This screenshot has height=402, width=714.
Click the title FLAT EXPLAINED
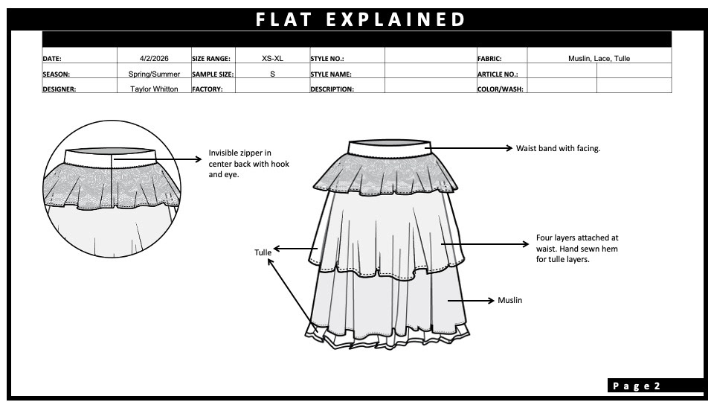(361, 19)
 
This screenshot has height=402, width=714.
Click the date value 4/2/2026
(154, 58)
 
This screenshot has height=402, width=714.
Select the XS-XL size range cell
(272, 58)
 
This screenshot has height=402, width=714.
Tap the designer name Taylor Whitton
(154, 89)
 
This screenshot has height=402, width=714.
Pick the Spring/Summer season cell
(154, 74)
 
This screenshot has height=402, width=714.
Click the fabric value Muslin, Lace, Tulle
(599, 58)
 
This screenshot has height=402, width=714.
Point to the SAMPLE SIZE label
(212, 74)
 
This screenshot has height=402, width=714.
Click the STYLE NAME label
(330, 74)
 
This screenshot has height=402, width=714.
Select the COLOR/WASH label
(500, 89)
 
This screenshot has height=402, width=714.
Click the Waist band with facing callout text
(558, 148)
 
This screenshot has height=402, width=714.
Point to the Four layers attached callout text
(576, 249)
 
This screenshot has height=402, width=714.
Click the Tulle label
(263, 252)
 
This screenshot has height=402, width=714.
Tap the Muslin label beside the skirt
(509, 300)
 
